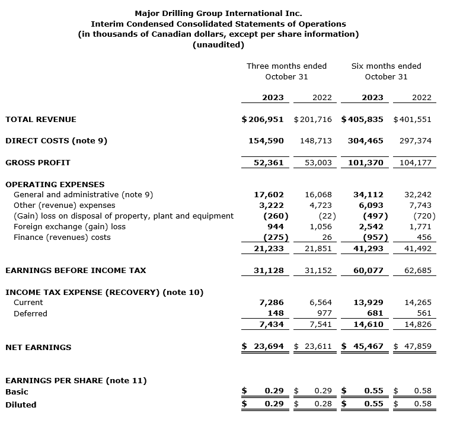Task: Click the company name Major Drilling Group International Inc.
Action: coord(218,13)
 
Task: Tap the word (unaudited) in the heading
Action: coord(218,45)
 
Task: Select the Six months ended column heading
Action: coord(386,66)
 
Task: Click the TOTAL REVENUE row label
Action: coord(41,119)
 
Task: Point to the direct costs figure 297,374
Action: coord(415,141)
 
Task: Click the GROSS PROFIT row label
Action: coord(38,162)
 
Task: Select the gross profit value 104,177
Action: coord(415,162)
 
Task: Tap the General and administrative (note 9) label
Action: coord(83,194)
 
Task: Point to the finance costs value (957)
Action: coord(375,238)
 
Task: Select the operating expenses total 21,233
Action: coord(269,249)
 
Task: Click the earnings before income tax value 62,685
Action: coord(415,270)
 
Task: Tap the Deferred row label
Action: coord(30,313)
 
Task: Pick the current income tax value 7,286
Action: coord(272,302)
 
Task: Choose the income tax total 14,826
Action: coord(417,325)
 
